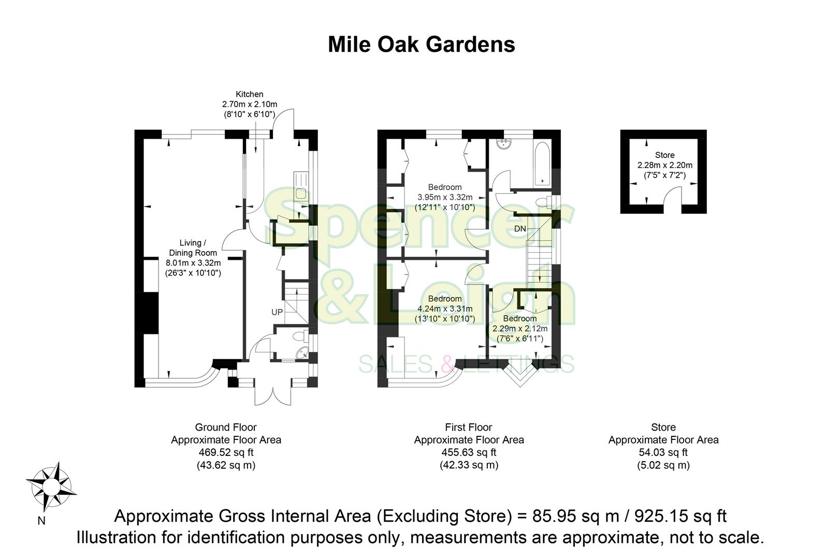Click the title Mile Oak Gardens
click(x=421, y=45)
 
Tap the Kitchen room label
click(x=250, y=94)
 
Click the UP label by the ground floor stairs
click(x=277, y=312)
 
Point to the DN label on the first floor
click(x=520, y=229)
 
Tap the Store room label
click(x=664, y=155)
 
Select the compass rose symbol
click(x=51, y=487)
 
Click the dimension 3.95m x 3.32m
click(x=445, y=197)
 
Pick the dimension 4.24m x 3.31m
click(x=445, y=309)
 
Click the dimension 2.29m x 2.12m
click(x=519, y=329)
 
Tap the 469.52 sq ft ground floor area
click(x=226, y=452)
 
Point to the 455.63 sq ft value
click(x=469, y=452)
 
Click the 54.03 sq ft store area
click(x=663, y=452)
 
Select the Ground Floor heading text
click(x=226, y=428)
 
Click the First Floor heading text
click(x=468, y=428)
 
